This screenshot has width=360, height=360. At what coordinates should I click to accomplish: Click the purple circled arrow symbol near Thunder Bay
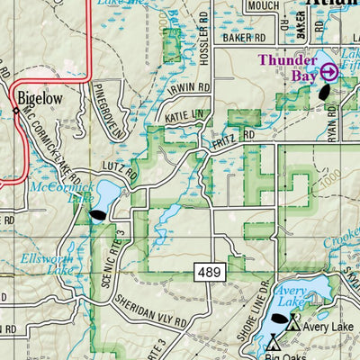pyautogui.click(x=328, y=71)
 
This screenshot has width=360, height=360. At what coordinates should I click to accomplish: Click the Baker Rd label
pyautogui.click(x=246, y=39)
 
